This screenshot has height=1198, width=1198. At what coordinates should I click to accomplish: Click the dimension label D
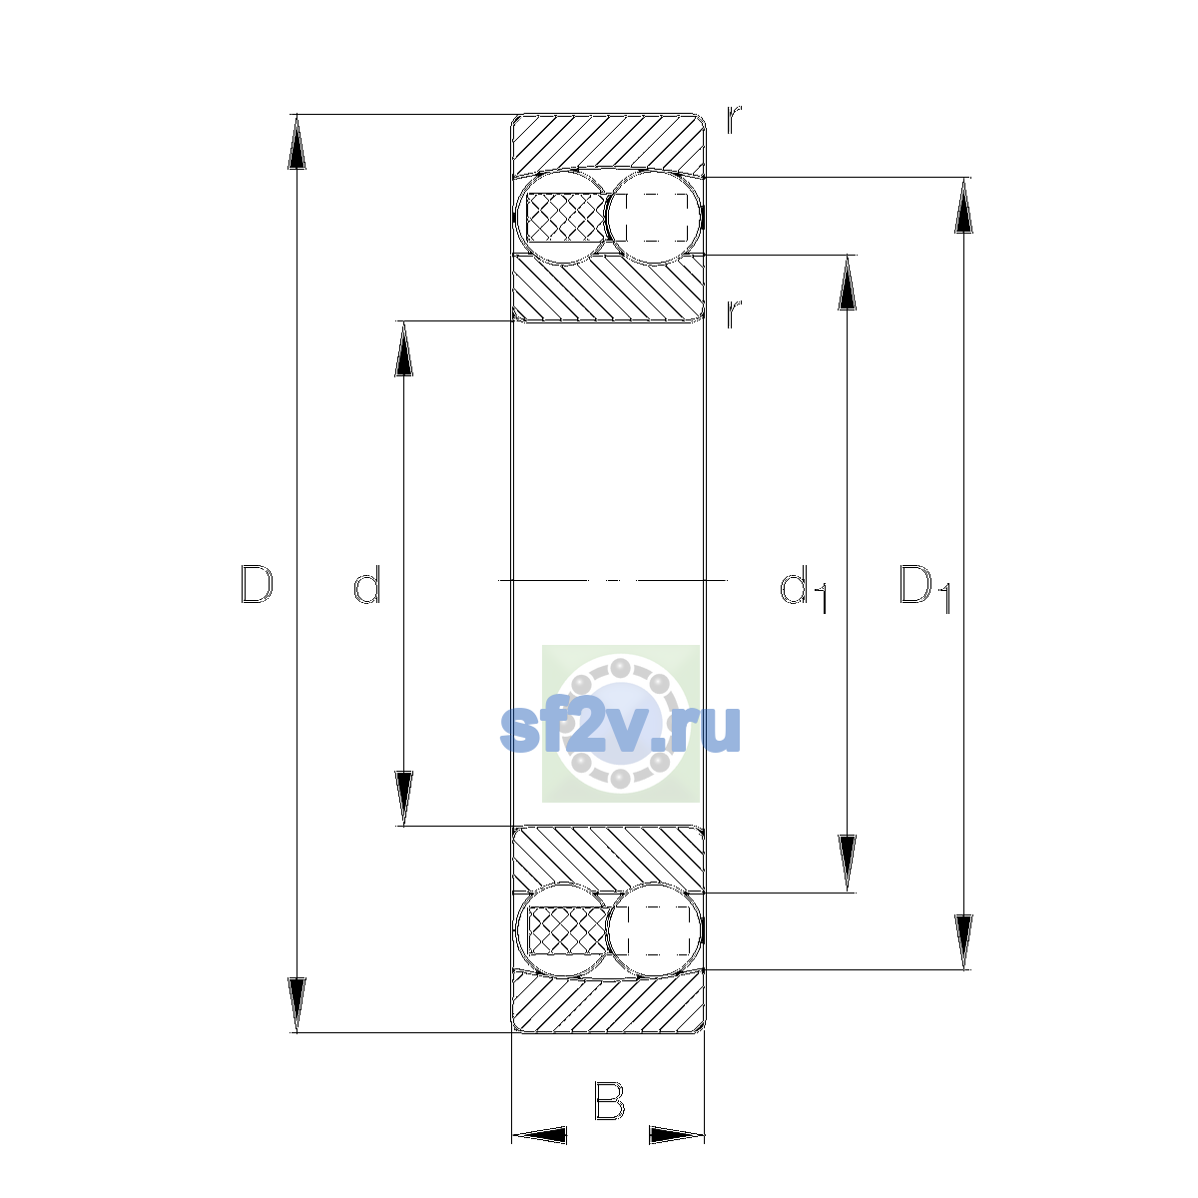[257, 584]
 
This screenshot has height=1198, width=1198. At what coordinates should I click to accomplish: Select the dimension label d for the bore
[366, 584]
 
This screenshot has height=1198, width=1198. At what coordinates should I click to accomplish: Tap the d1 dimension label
[804, 588]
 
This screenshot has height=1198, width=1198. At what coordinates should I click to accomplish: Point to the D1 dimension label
[925, 588]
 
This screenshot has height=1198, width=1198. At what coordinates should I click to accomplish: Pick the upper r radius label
[734, 120]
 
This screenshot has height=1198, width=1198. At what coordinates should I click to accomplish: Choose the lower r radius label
[734, 313]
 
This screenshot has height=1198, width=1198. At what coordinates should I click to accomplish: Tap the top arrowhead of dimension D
[297, 142]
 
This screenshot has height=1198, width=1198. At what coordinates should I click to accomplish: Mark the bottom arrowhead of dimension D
[297, 1005]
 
